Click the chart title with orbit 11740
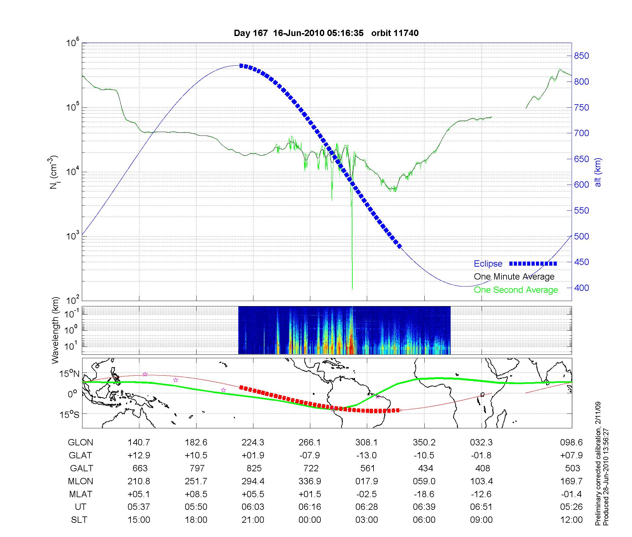coord(326,33)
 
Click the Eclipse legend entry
coord(488,263)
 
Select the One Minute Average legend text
coord(514,277)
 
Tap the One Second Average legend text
coord(516,290)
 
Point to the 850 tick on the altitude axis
coord(581,56)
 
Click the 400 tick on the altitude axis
coord(581,288)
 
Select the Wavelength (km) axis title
coord(55,330)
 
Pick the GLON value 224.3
coord(253,443)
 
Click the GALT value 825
coord(254,468)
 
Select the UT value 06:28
coord(367,507)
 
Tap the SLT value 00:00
coord(310,520)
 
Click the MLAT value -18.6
coord(424,494)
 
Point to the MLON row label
coord(80,481)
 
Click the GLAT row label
coord(80,455)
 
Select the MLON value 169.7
coord(573,481)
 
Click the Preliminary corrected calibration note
coord(598,464)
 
